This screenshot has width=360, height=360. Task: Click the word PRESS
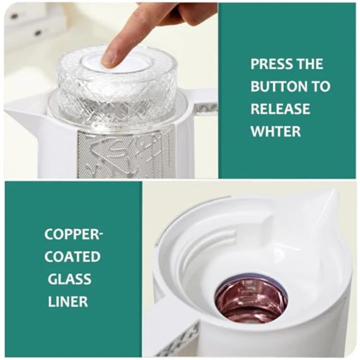270,64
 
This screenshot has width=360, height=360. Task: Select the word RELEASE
280,109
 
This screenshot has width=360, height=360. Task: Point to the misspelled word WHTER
276,131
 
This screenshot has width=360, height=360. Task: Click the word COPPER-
74,234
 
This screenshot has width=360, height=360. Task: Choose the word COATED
72,257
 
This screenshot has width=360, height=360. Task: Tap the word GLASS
70,279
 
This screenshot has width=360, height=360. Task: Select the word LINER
68,302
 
